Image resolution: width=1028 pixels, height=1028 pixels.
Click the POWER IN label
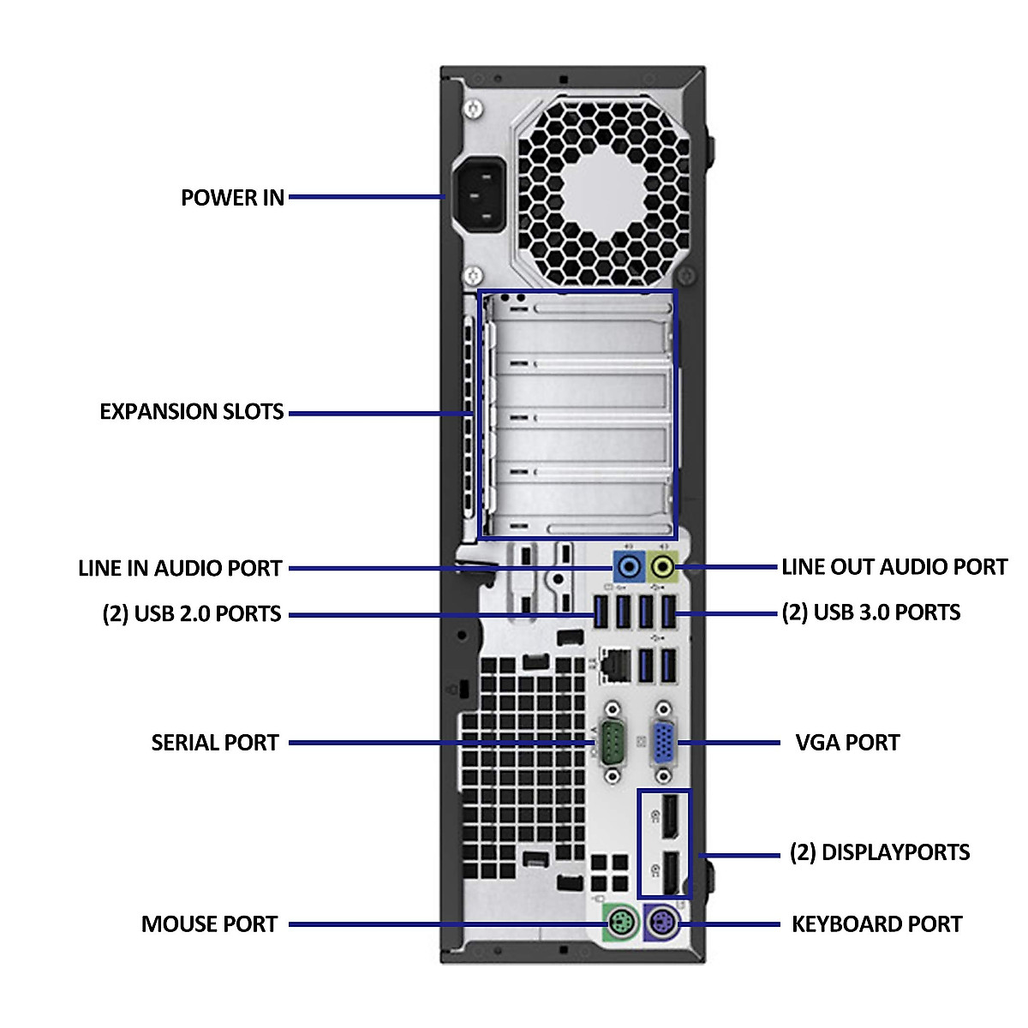point(232,198)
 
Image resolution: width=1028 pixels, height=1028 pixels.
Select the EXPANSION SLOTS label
point(192,412)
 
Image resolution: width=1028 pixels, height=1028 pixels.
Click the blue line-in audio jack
point(630,565)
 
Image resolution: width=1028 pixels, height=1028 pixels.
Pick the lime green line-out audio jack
point(663,565)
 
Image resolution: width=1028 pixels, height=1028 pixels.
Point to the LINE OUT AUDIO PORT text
point(894,567)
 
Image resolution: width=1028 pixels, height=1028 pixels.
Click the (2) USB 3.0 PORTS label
point(870,613)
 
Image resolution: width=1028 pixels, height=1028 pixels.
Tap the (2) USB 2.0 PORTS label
point(192,614)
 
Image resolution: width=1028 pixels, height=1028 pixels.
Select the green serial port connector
point(612,742)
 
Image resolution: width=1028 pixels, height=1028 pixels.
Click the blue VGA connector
point(663,743)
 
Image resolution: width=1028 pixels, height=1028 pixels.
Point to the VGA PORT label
point(847,743)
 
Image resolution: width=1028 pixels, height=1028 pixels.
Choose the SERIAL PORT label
point(215,743)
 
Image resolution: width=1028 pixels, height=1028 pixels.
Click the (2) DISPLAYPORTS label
point(879,852)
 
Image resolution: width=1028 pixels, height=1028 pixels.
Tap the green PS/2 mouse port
point(620,923)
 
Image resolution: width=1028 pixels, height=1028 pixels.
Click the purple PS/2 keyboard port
point(660,923)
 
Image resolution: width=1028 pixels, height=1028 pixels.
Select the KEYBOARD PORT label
point(876,924)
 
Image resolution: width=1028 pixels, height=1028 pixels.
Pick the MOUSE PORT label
point(209,924)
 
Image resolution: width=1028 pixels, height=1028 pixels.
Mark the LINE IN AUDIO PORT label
point(180,569)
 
